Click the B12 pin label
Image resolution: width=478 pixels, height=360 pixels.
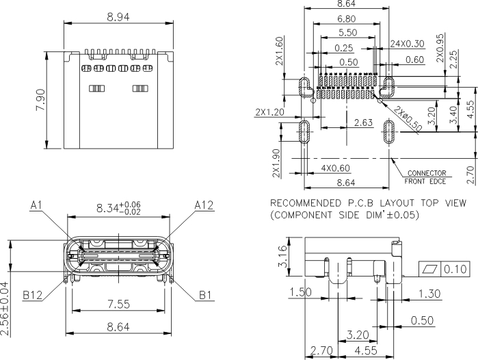[x=32, y=295]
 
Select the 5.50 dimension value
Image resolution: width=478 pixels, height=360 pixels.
[x=347, y=32]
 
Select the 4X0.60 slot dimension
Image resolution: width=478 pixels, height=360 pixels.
[x=334, y=168]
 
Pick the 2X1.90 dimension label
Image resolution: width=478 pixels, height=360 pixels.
[x=276, y=163]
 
